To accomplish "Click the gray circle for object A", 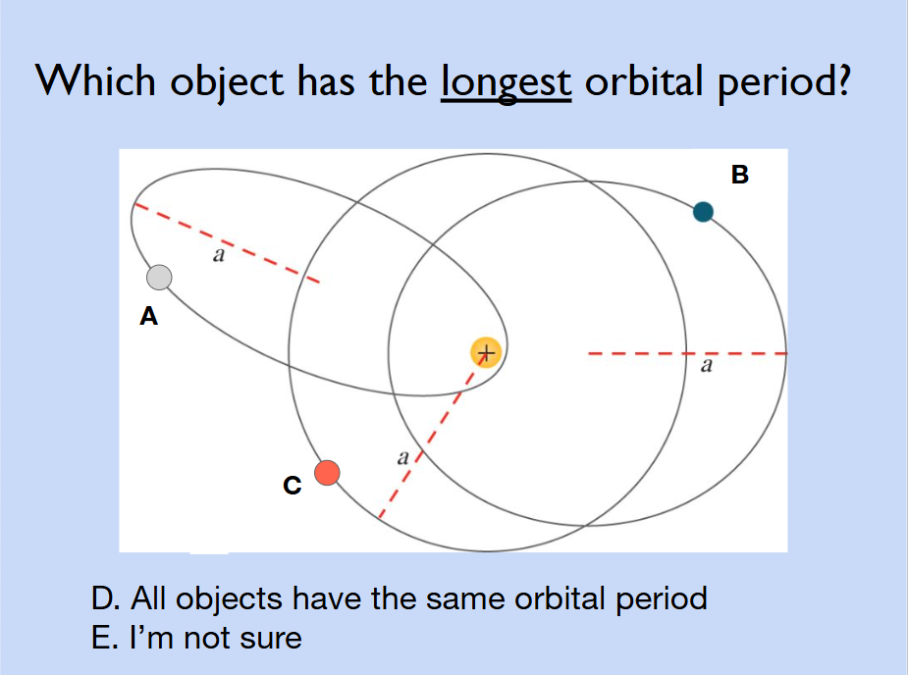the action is coord(159,278).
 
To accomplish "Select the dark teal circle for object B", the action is coord(703,212).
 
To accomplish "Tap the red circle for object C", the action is coord(327,473).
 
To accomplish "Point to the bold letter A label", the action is coord(149,317).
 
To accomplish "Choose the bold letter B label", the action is coord(740,175).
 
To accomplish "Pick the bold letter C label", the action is coord(293,485).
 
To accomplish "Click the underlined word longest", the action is coord(507,82).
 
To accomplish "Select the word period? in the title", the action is coord(784,82).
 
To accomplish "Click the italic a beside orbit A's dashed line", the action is coord(218,255).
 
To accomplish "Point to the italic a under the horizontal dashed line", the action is coord(707,366).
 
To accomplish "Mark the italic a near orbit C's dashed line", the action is coord(403,458).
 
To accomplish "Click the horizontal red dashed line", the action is coord(687,352).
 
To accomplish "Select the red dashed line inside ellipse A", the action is coord(227,243).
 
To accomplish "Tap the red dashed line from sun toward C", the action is coord(432,435).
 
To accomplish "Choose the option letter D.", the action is coord(106,598).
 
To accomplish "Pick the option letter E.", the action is coord(104,638).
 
